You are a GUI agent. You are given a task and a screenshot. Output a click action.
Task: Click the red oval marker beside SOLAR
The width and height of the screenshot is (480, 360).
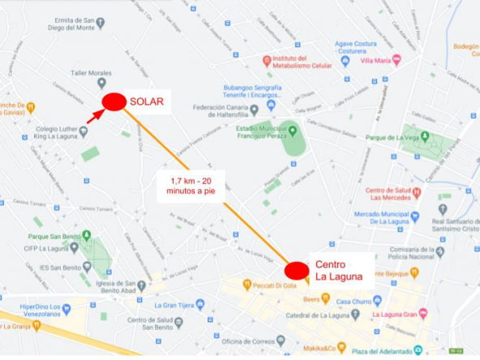(x=114, y=101)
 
